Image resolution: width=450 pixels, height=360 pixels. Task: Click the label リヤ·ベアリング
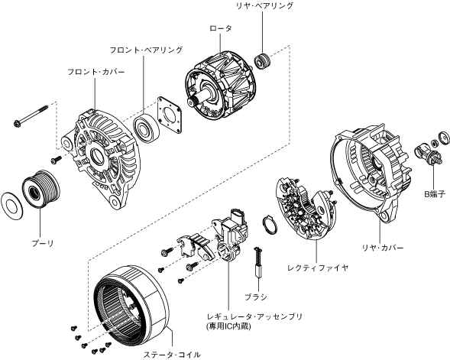coord(264,6)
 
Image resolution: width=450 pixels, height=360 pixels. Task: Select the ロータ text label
coord(220,28)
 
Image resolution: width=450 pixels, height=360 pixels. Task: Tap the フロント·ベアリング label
coord(146,50)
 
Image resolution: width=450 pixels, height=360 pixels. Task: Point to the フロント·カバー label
coord(96,72)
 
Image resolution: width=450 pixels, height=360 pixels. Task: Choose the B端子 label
coord(435,194)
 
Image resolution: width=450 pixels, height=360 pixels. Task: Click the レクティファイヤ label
coord(318,268)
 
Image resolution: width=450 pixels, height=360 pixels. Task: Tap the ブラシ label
coord(256,297)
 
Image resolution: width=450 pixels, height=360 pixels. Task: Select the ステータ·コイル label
coord(172,355)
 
